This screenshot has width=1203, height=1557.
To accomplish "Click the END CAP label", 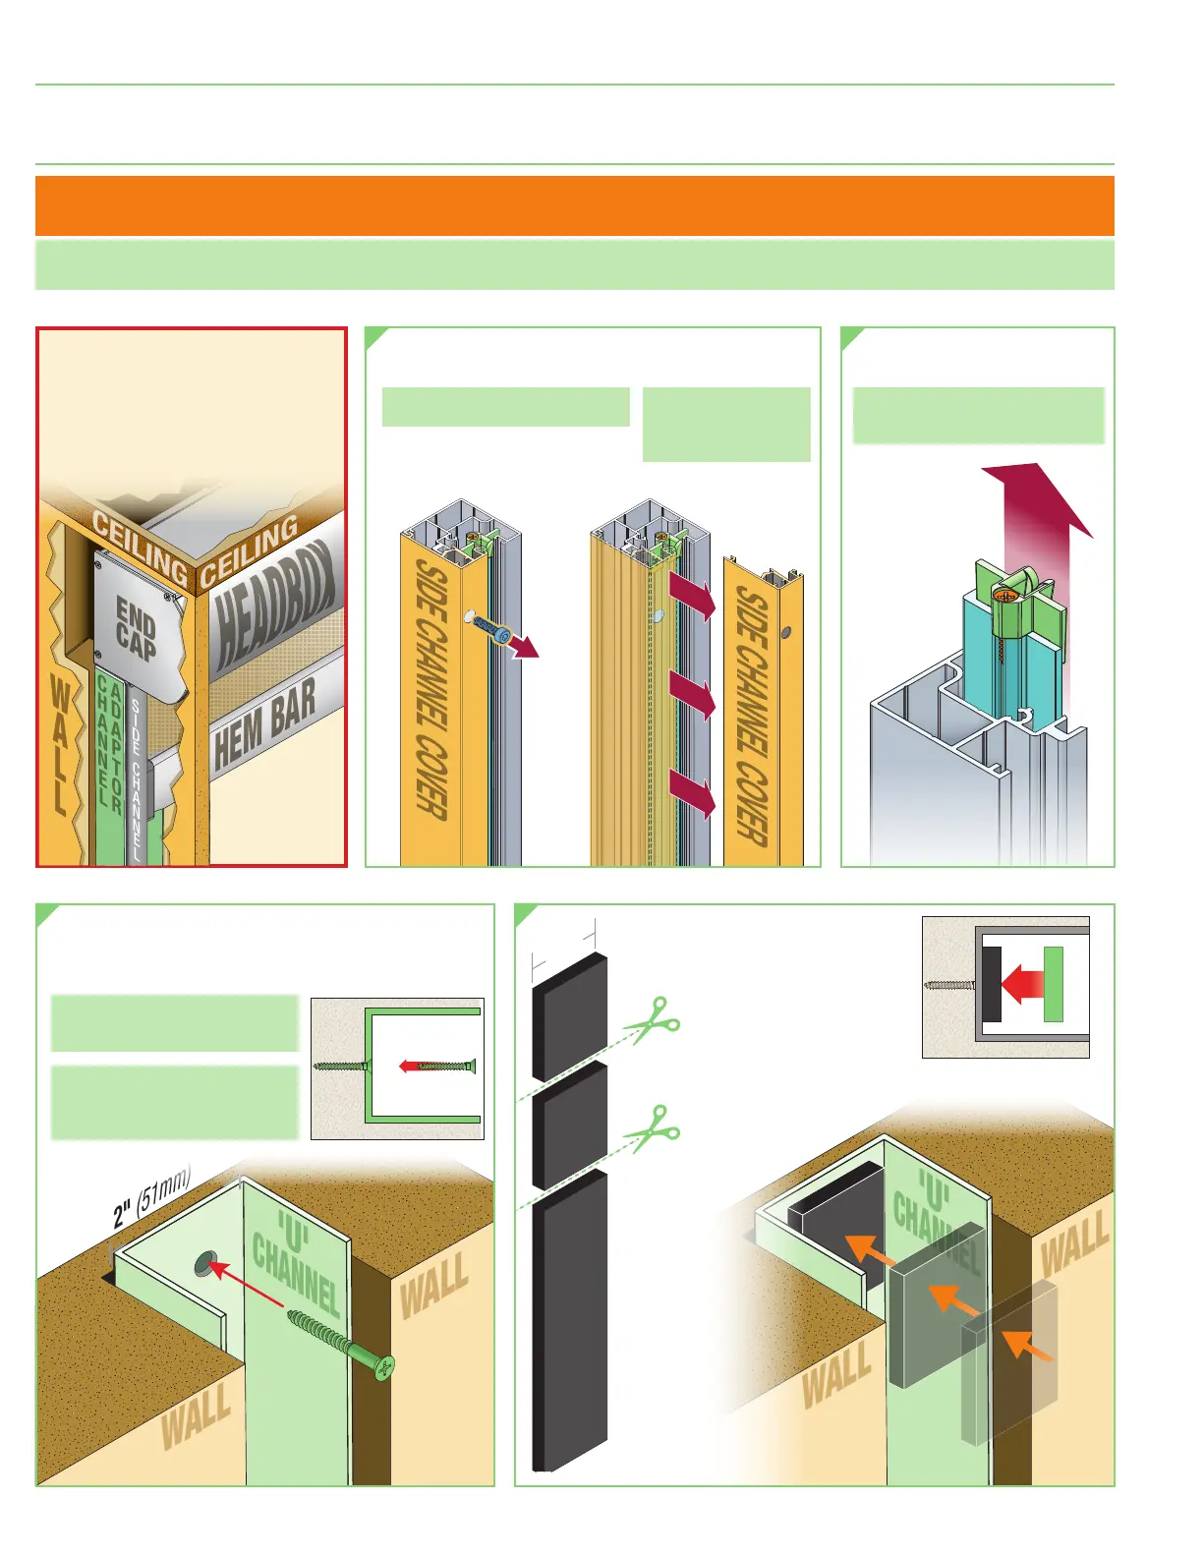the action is [136, 628].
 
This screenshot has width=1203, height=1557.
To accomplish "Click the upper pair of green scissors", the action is [652, 1022].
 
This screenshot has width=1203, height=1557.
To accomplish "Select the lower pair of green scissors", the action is [652, 1129].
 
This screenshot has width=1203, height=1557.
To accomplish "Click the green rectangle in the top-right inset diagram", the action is [1054, 984].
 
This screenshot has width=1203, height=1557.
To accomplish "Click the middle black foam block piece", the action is [569, 1124].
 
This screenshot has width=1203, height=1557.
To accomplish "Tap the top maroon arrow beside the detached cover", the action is [693, 596].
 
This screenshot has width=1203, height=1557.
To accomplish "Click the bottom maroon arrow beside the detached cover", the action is [693, 793].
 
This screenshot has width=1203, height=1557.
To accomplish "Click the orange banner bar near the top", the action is [574, 205].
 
